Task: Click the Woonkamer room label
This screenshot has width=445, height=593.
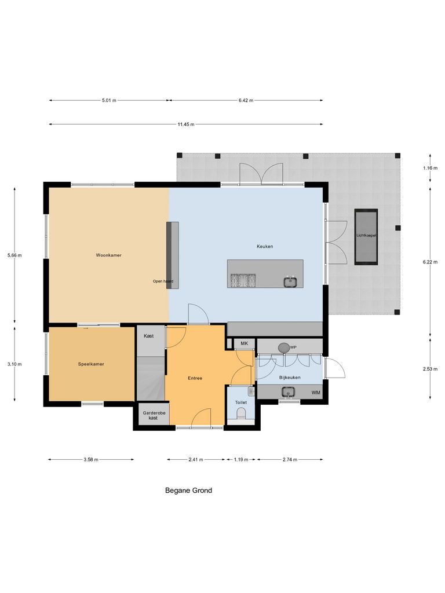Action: click(x=109, y=255)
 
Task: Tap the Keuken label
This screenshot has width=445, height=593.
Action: click(x=265, y=246)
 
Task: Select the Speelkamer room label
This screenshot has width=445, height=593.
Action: click(x=90, y=364)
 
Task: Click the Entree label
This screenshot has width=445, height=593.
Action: click(x=195, y=378)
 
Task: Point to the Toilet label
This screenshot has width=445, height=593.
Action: click(x=240, y=402)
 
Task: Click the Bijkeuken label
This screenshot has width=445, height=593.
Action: click(x=288, y=377)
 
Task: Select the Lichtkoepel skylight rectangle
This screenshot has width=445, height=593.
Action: click(x=366, y=236)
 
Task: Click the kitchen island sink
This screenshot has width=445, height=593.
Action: click(x=290, y=282)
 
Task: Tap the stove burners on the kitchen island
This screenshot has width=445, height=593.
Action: click(x=243, y=281)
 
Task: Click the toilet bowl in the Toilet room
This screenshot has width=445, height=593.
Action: click(x=241, y=413)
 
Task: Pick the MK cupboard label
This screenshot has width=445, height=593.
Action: click(x=245, y=344)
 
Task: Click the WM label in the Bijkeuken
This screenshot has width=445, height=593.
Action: click(x=316, y=393)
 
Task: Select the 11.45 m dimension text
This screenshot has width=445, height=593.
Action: click(x=186, y=124)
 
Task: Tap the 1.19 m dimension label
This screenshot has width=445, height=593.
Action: click(x=241, y=459)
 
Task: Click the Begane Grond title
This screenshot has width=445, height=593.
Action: click(x=189, y=490)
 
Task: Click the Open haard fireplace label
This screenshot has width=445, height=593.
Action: click(x=163, y=281)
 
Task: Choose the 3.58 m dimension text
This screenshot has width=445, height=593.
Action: click(x=90, y=459)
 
